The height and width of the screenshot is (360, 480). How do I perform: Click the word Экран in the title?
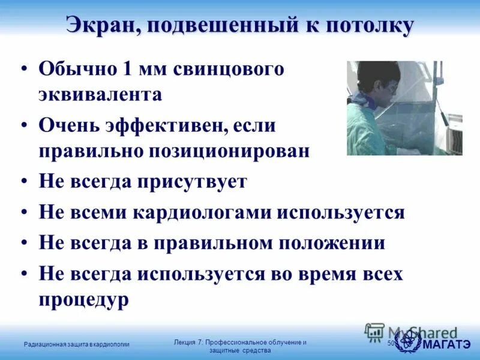click(x=103, y=25)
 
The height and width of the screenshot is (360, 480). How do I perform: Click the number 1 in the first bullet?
click(x=128, y=69)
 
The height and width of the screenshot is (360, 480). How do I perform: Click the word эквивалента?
click(x=100, y=95)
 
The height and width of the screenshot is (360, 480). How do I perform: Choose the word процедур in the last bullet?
click(x=83, y=299)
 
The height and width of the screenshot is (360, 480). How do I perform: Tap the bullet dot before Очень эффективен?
click(x=23, y=125)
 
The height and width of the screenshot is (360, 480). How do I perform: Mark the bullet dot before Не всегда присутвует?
click(x=23, y=182)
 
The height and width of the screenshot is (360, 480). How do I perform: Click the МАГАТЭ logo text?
click(x=446, y=344)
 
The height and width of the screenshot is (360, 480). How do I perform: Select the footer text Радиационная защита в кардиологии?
click(x=76, y=344)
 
